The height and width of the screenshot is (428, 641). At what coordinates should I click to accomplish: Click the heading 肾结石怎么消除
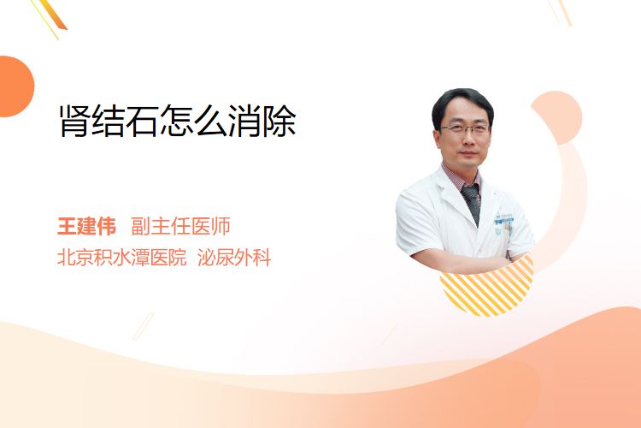(x=178, y=121)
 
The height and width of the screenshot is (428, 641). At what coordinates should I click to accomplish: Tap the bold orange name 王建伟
(x=86, y=226)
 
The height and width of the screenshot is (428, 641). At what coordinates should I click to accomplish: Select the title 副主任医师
(x=180, y=226)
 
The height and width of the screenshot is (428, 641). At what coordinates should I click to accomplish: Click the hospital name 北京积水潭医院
(x=122, y=258)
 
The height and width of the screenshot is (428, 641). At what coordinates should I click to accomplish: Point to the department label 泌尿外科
(x=234, y=258)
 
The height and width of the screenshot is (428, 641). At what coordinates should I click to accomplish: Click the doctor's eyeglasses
(x=465, y=129)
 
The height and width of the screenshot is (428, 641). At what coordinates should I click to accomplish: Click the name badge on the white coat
(x=504, y=218)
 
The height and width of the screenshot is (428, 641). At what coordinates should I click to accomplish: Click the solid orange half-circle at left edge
(x=15, y=86)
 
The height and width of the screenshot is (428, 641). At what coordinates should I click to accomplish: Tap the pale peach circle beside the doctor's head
(x=558, y=117)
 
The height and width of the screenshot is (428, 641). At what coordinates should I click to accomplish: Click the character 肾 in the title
(x=74, y=121)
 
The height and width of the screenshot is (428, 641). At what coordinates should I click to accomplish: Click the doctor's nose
(x=468, y=140)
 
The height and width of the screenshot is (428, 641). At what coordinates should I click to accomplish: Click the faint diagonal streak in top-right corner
(x=561, y=12)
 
